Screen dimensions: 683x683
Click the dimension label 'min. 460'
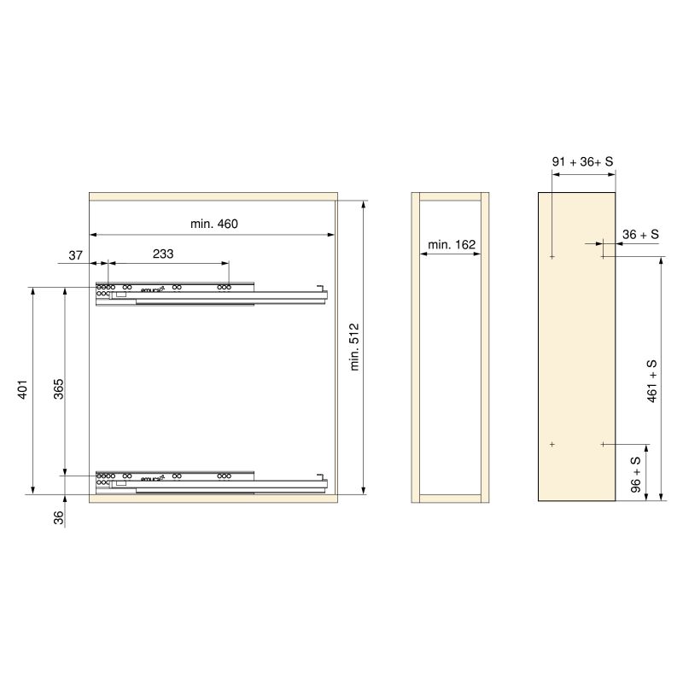[x=213, y=225]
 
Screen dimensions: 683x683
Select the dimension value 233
[x=163, y=254]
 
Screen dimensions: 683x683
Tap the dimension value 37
[x=76, y=254]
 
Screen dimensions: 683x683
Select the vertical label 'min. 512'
[x=355, y=346]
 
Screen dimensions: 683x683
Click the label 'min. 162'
[x=452, y=245]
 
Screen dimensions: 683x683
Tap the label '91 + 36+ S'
[x=583, y=161]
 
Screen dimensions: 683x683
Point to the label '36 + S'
[x=640, y=234]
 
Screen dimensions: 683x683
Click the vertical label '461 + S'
[x=652, y=381]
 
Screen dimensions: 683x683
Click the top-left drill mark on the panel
[x=553, y=256]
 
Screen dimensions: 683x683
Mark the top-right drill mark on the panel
[x=603, y=256]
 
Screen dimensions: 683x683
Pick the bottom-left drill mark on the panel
[x=553, y=444]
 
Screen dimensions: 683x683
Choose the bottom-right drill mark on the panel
[x=603, y=444]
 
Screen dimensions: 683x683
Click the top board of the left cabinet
[x=213, y=196]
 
